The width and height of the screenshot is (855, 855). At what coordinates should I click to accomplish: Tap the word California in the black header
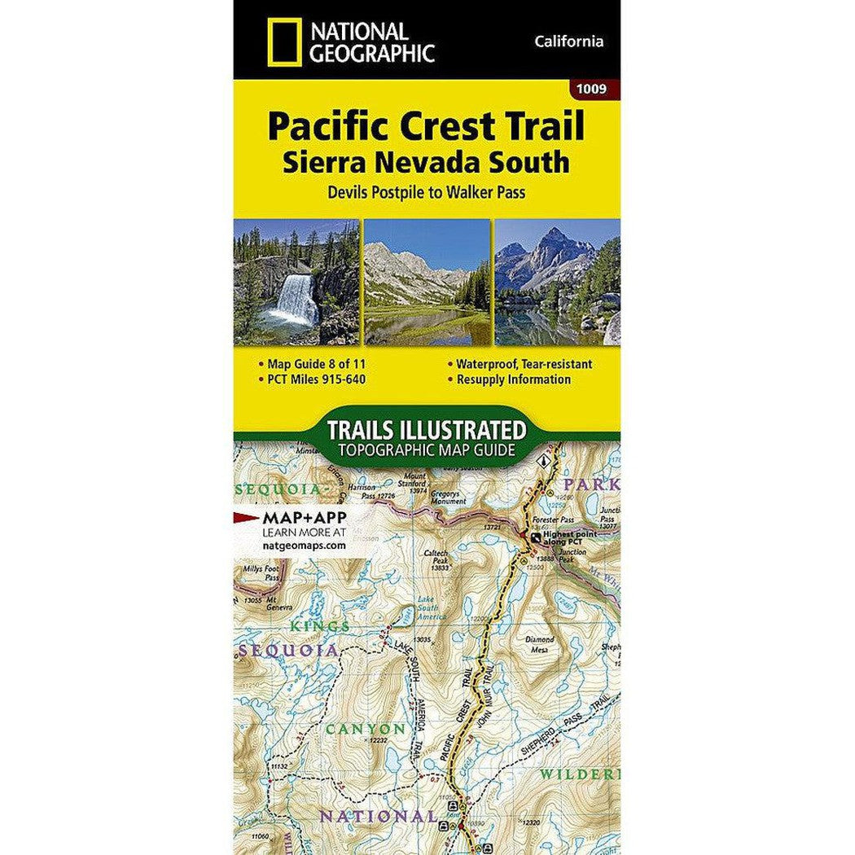click(570, 42)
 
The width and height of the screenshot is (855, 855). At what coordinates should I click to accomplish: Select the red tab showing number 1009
click(592, 90)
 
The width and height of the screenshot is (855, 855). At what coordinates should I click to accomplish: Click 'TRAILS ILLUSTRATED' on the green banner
click(426, 429)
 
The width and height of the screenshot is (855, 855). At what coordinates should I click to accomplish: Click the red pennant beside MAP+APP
click(247, 517)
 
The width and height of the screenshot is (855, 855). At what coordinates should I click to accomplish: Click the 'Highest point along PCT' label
click(570, 537)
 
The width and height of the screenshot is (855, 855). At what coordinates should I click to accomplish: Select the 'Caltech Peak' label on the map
click(436, 558)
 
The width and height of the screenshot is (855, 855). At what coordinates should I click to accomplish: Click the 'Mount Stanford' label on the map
click(414, 480)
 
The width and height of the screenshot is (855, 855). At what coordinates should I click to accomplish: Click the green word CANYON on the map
click(364, 729)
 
